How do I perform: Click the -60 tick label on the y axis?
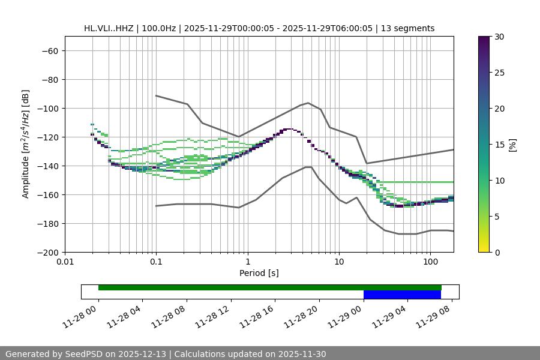(49, 51)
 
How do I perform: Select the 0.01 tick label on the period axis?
(65, 262)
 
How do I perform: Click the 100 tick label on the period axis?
(430, 262)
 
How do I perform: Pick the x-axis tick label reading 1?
(248, 262)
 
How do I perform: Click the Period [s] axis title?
(259, 273)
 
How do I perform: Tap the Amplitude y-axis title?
(25, 144)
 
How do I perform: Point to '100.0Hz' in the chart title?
(160, 28)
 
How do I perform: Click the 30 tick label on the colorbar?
(499, 37)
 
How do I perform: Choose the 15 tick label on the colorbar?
(499, 145)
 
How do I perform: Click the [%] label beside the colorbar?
(512, 145)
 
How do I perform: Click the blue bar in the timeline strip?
(402, 295)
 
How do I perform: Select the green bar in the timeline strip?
(270, 287)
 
